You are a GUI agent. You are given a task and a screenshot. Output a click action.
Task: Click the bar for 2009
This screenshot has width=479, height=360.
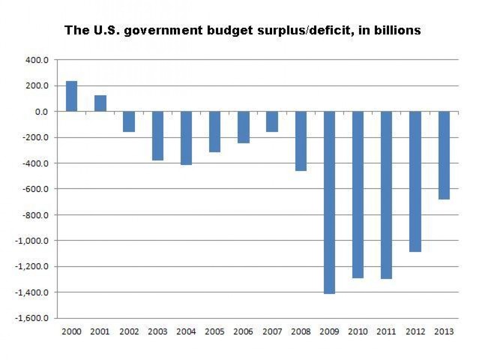(x=329, y=202)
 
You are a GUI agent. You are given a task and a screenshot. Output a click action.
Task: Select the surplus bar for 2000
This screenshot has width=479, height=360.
(x=71, y=96)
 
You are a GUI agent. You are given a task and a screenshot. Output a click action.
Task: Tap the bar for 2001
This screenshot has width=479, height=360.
(x=100, y=103)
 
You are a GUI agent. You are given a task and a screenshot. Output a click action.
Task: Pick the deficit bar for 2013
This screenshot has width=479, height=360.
(x=444, y=155)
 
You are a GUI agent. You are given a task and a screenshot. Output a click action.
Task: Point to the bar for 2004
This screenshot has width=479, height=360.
(x=186, y=138)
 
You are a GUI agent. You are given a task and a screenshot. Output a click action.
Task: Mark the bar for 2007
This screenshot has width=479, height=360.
(x=272, y=121)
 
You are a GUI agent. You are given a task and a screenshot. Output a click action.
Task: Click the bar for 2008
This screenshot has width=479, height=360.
(x=301, y=141)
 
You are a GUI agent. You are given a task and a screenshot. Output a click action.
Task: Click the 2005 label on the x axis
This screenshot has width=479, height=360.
(x=214, y=331)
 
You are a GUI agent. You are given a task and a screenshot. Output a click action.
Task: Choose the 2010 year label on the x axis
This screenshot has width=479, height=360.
(x=358, y=331)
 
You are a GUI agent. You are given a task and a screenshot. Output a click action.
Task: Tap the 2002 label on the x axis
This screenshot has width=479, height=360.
(x=128, y=331)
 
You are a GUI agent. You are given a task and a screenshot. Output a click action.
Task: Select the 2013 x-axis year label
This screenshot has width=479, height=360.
(x=444, y=331)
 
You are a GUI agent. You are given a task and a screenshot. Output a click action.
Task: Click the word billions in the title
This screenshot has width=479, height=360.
(x=394, y=31)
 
